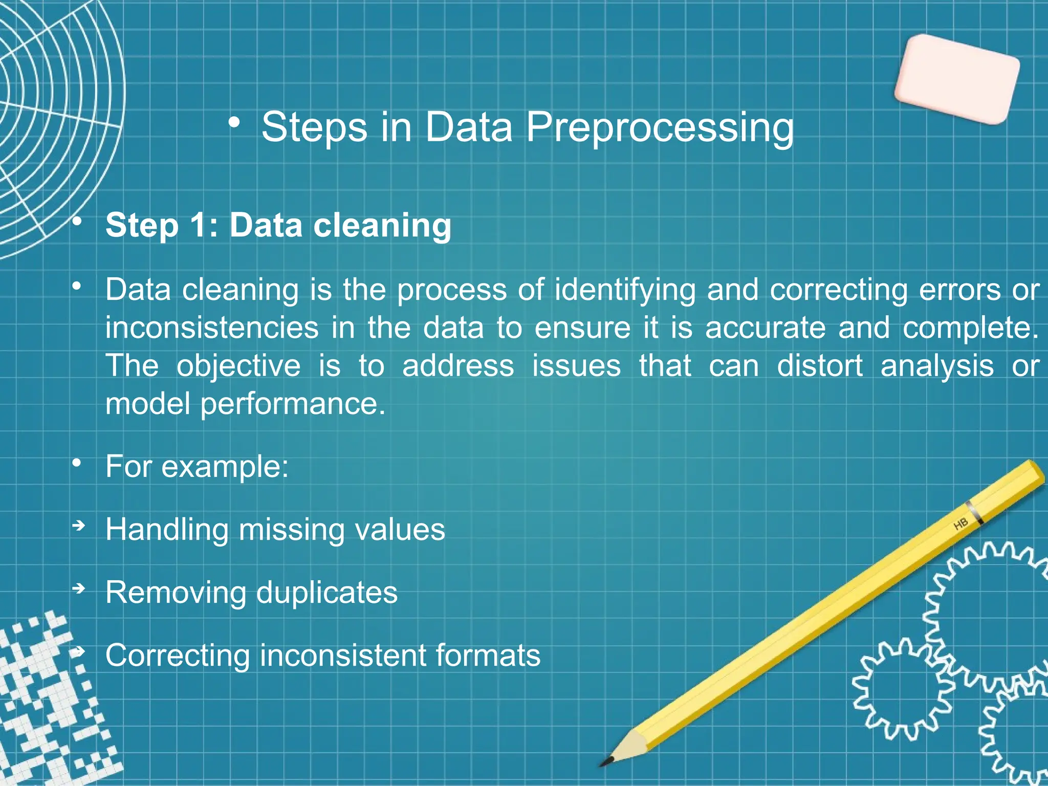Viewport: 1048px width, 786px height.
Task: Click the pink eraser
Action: coord(957,79)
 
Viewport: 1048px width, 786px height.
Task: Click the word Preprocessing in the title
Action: coord(660,128)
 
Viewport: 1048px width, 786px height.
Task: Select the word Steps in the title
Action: coord(314,128)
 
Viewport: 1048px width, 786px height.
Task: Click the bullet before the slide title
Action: coord(234,123)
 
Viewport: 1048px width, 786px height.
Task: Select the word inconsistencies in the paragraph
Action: coord(212,328)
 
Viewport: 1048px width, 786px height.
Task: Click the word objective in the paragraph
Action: coord(238,366)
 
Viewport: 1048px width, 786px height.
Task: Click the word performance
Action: coord(292,404)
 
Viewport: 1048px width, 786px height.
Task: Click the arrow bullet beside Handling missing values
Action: coord(78,526)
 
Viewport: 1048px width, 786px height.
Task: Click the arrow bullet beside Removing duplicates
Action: coord(78,589)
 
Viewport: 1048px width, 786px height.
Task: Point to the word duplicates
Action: coord(326,593)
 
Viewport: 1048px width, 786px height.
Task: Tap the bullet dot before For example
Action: coord(77,463)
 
